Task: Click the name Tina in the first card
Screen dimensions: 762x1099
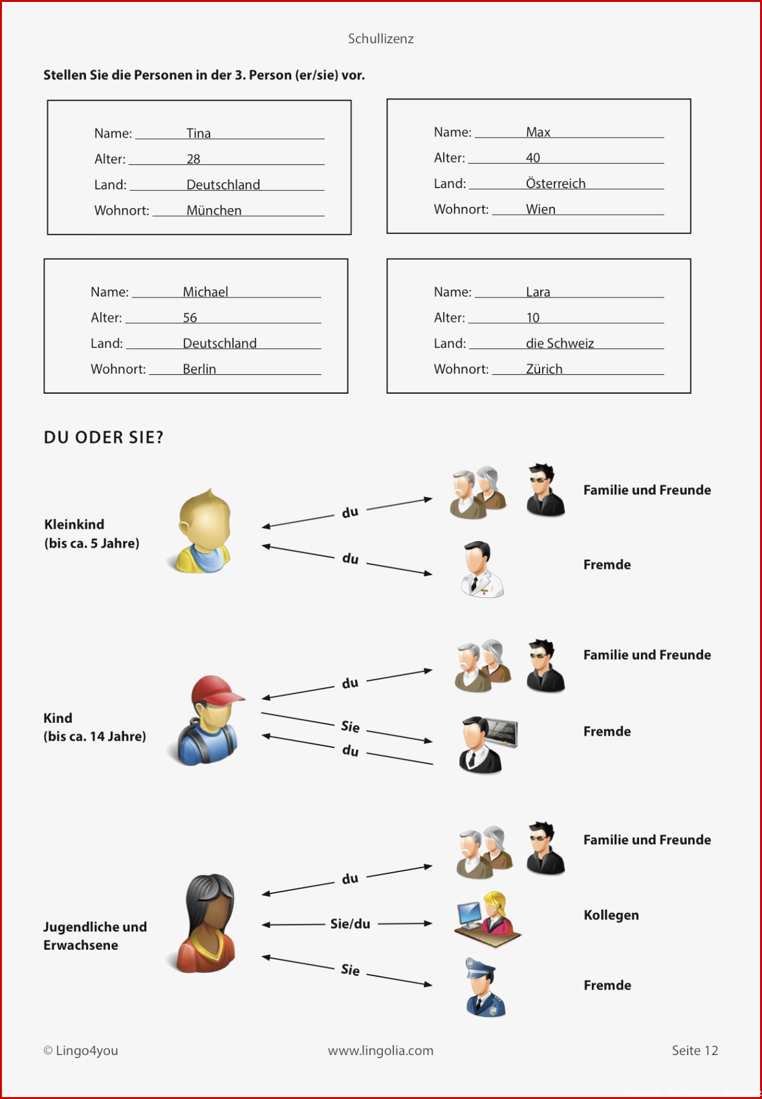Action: [x=199, y=133]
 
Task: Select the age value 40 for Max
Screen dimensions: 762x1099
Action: [x=533, y=158]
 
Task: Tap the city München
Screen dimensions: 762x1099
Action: [x=214, y=210]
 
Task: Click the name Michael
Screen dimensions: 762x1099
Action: [x=205, y=292]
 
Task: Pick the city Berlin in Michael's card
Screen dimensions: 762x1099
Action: [x=199, y=369]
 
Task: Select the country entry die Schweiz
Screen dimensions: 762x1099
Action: [x=560, y=343]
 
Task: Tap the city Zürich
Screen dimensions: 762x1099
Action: [x=544, y=368]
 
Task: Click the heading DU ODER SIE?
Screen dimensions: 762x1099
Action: [x=103, y=437]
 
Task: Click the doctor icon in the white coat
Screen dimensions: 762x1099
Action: [x=481, y=569]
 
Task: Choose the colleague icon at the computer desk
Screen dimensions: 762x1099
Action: [x=488, y=919]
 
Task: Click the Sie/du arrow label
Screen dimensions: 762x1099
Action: [x=350, y=924]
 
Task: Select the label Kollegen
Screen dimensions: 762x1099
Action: [x=611, y=915]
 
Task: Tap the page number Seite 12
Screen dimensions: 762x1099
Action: [x=695, y=1051]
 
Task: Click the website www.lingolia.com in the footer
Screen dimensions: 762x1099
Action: [x=380, y=1051]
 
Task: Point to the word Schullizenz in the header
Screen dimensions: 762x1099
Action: [x=380, y=39]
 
